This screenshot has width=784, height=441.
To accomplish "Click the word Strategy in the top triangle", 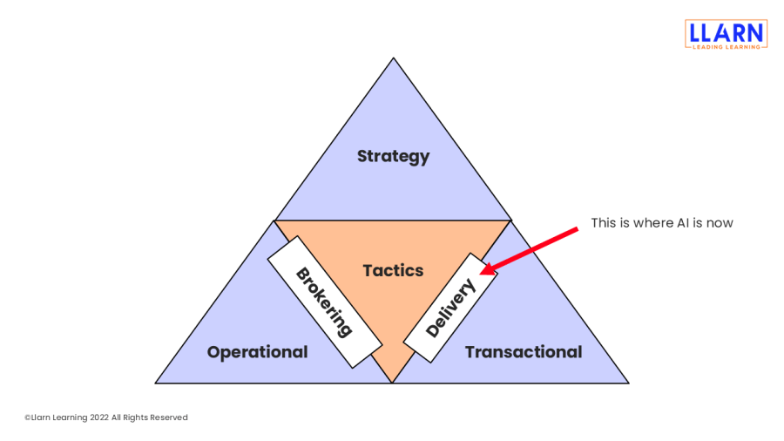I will point(393,157).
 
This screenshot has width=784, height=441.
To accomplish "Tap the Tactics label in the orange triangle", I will point(393,271).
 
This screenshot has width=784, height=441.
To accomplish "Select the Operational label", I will point(257,352).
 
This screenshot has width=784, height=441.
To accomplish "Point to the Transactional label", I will point(523,352).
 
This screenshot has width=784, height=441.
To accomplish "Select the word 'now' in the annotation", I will point(720,223).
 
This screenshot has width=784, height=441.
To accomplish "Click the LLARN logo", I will point(726,33).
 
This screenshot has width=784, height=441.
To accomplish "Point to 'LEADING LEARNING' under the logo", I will point(726,46).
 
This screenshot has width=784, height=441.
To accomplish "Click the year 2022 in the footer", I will point(98,417).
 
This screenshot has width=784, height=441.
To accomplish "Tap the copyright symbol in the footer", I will point(27,417).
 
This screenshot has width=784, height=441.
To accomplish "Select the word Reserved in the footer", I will point(169,417).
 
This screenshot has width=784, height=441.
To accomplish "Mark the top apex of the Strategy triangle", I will point(394,58).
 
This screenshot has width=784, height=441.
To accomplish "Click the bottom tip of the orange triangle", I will point(392,382).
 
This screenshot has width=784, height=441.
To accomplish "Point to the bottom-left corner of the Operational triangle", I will point(157,383).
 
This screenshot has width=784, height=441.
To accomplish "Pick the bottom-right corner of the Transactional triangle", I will point(628,383).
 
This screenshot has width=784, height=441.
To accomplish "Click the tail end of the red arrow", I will point(577,229).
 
